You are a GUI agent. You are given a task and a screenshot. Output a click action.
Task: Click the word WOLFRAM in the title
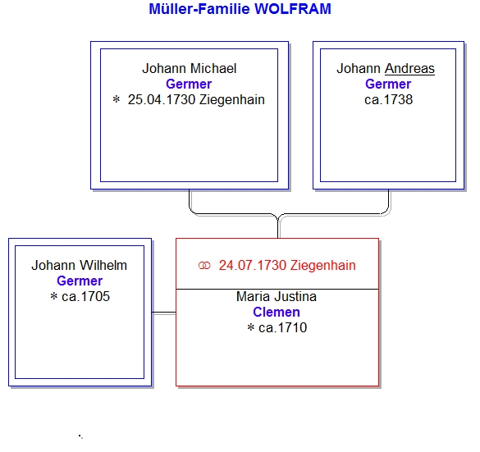[x=293, y=9]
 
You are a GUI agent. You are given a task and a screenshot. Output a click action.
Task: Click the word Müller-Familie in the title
[x=199, y=9]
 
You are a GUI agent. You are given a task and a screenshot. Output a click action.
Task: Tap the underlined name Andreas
[x=409, y=68]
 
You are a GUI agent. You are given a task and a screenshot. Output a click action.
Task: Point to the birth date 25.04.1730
[x=162, y=100]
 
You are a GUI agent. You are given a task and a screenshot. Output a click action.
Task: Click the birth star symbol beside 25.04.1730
[x=117, y=99]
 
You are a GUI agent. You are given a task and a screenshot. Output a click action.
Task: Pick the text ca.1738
[x=388, y=100]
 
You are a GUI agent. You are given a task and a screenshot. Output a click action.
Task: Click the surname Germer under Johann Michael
[x=189, y=84]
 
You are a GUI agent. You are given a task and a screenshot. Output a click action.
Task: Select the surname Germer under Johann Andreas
[x=388, y=84]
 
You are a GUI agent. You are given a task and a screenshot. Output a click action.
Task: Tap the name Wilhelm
[x=103, y=265]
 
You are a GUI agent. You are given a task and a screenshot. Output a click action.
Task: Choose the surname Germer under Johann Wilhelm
[x=80, y=281]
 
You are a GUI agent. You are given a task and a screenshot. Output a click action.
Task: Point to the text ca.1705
[x=85, y=296]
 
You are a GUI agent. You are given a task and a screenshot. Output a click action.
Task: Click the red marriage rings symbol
[x=204, y=265]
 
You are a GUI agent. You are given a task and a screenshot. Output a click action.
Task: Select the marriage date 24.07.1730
[x=253, y=265]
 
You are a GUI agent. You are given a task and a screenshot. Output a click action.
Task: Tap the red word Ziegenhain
[x=323, y=265]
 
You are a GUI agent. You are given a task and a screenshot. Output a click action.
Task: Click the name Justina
[x=295, y=296]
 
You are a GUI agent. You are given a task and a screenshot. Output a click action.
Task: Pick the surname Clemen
[x=277, y=313]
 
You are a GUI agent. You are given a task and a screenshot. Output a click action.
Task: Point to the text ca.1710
[x=282, y=328]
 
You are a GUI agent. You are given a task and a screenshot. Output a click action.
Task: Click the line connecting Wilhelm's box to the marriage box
[x=164, y=313]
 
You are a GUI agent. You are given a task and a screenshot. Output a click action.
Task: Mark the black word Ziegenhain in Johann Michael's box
[x=231, y=100]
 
